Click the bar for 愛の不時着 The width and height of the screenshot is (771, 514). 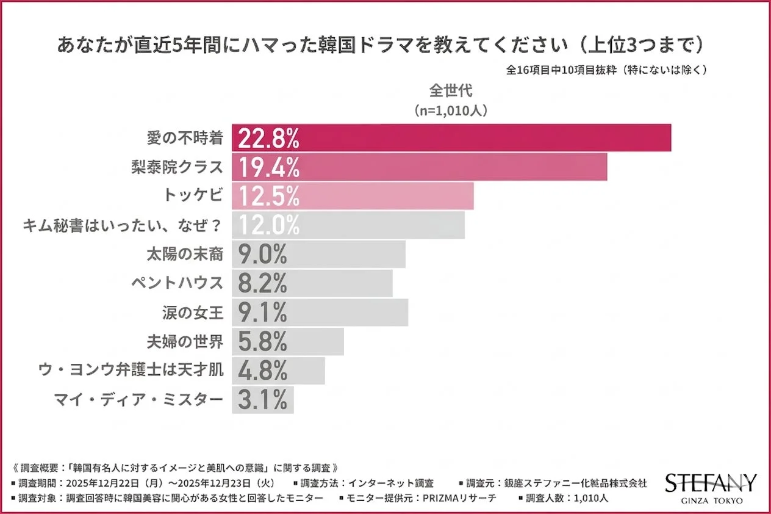tap(451, 138)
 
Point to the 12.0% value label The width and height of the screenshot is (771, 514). tap(268, 225)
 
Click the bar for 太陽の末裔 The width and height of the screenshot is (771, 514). tap(318, 255)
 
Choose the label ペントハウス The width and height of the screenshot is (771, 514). tap(178, 283)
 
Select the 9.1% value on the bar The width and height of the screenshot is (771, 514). tap(262, 313)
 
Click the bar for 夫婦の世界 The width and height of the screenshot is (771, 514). tap(288, 342)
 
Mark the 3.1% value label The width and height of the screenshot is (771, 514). tap(262, 400)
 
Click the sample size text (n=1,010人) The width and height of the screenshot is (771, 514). tap(451, 111)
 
